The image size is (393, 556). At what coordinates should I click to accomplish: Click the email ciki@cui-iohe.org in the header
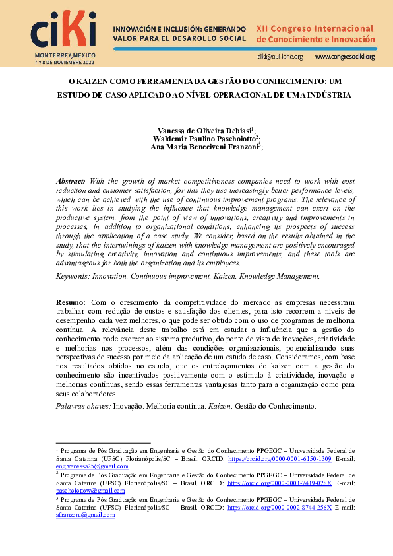280,57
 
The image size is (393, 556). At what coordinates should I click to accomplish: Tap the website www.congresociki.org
345,57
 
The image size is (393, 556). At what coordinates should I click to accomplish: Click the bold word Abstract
71,181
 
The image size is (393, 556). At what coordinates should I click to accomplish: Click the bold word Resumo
71,301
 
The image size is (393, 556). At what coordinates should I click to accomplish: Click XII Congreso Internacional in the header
315,29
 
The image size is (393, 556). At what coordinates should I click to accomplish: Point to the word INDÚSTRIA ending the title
326,95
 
